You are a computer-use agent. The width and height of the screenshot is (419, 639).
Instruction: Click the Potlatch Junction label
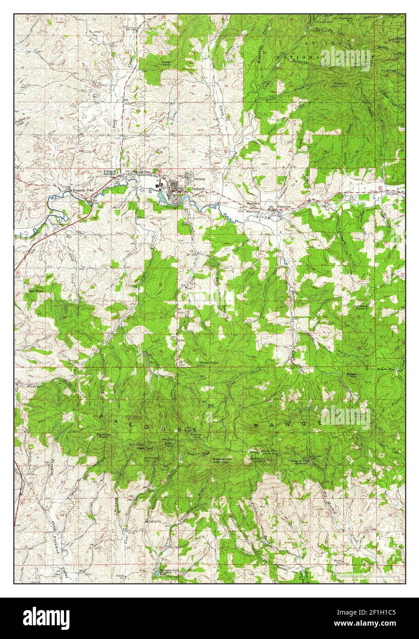click(x=110, y=172)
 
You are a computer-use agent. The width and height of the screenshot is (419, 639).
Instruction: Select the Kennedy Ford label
click(x=84, y=190)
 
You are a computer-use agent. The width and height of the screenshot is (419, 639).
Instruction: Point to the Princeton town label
click(x=284, y=207)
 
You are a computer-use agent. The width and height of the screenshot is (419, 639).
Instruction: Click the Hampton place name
click(x=253, y=203)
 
